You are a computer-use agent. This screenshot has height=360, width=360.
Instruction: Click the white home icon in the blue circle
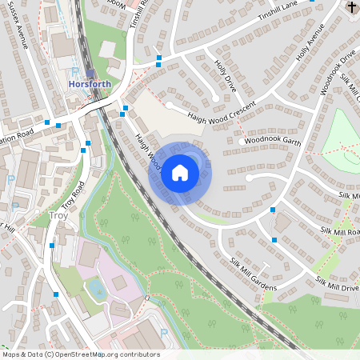180,172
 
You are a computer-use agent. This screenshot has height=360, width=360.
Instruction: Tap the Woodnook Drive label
335,72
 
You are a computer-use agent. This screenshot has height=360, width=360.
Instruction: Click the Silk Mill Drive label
337,284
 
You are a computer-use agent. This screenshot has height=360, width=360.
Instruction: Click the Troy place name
59,215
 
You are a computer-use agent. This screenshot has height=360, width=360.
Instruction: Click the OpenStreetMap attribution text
81,354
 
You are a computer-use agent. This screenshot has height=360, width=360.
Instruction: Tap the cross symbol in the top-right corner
353,7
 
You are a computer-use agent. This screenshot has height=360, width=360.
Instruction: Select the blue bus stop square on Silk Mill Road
274,210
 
